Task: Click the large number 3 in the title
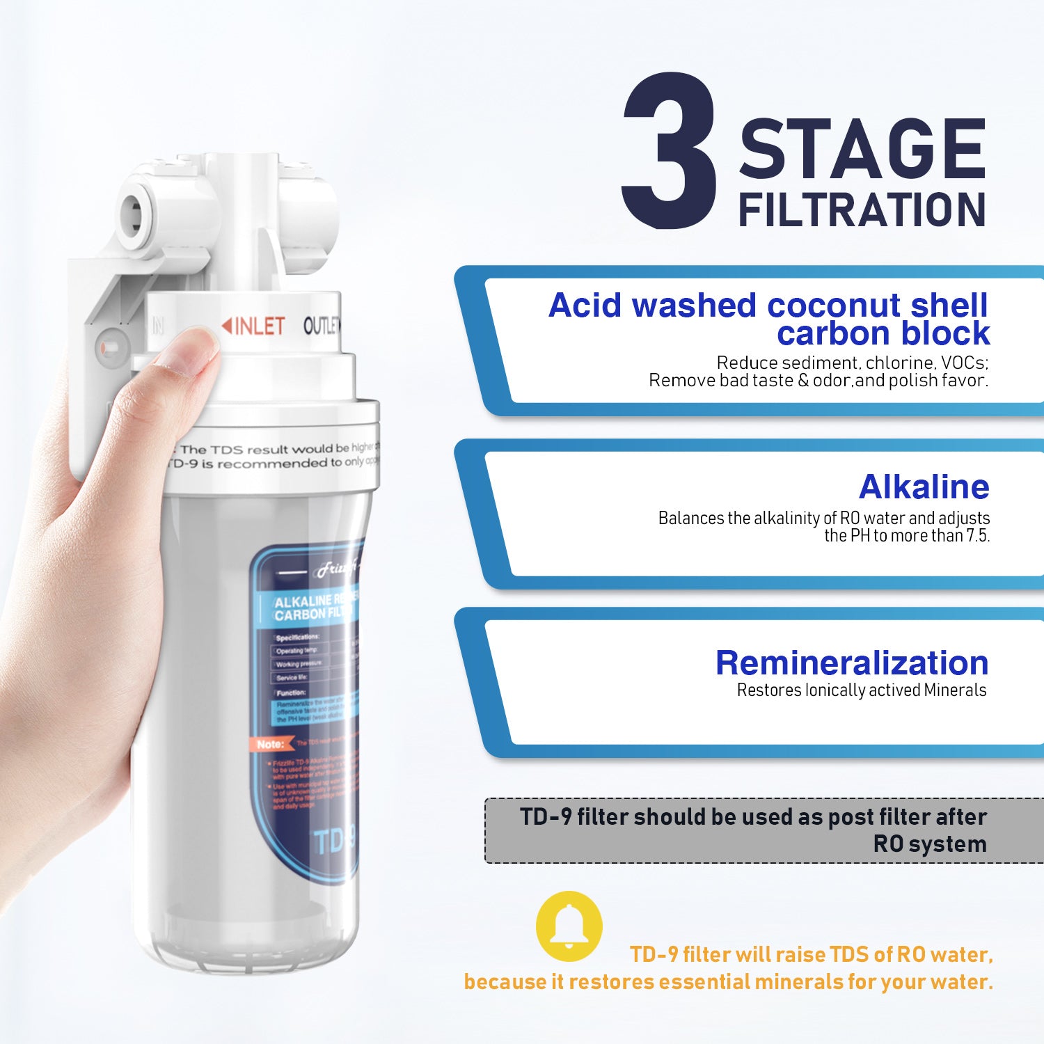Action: [670, 151]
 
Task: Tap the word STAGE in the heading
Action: [862, 149]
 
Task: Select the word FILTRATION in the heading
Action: [862, 210]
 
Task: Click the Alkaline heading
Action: [924, 487]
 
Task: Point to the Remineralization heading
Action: [852, 663]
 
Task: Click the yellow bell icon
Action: [569, 926]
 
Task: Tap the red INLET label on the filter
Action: [260, 326]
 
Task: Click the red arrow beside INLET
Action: [227, 325]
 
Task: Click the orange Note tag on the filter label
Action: [270, 744]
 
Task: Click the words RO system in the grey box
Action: [930, 844]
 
